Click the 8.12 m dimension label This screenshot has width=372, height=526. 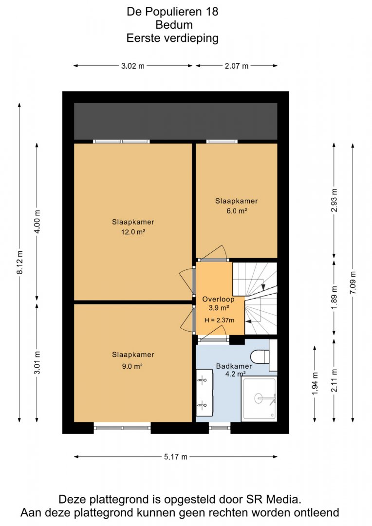(20, 263)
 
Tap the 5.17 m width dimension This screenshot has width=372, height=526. (176, 456)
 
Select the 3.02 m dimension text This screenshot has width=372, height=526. (133, 66)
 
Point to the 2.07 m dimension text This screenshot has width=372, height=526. (237, 66)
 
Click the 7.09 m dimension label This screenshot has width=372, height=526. (353, 282)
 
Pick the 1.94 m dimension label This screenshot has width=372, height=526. (315, 383)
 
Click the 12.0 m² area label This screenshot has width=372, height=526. (133, 232)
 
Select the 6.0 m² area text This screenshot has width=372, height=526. (237, 211)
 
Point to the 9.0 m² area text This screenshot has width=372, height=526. (132, 366)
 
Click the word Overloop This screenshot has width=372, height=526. (218, 299)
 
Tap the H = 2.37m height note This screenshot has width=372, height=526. (220, 320)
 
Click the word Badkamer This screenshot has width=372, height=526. (234, 366)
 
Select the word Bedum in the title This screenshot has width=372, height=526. (174, 25)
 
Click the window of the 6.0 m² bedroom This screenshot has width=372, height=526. (222, 142)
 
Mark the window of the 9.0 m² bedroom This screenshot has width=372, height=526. (122, 428)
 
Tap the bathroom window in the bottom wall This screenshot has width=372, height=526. (220, 428)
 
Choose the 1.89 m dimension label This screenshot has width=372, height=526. (334, 298)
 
